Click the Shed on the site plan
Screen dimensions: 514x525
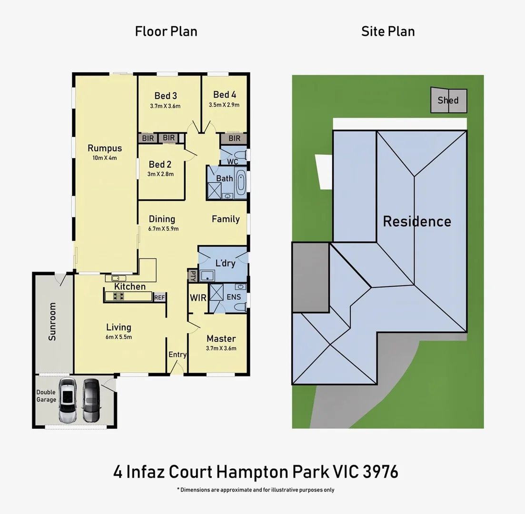point(448,100)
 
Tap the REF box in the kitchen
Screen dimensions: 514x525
point(159,297)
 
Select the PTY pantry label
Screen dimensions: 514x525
point(192,276)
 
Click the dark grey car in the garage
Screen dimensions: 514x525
point(91,400)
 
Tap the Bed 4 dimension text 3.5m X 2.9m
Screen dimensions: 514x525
point(224,105)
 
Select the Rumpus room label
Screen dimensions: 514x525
point(105,148)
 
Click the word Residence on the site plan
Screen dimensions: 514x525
point(417,221)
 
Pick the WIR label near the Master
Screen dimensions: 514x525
point(198,297)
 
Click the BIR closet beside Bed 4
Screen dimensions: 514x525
point(234,138)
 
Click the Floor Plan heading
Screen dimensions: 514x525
point(166,31)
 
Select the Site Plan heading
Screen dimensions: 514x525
point(388,31)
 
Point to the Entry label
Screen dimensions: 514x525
point(177,355)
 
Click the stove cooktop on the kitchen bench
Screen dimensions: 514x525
point(117,297)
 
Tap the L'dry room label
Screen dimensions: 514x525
point(225,263)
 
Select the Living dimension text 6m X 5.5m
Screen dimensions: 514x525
point(119,337)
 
